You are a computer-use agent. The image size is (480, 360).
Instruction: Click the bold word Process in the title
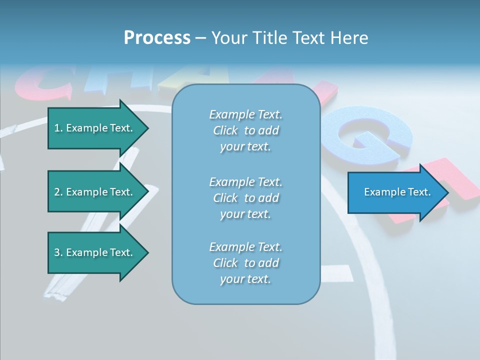tap(157, 38)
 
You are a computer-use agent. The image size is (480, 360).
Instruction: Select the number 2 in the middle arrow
tap(57, 192)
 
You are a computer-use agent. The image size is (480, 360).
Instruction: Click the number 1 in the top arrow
tap(57, 128)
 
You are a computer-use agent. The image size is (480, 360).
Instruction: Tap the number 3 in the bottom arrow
tap(57, 252)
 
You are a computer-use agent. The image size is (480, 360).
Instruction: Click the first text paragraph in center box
tap(245, 130)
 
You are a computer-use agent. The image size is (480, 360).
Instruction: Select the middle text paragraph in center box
tap(245, 197)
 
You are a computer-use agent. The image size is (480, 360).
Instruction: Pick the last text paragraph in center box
tap(245, 263)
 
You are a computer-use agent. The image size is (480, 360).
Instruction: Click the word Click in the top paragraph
tap(225, 130)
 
